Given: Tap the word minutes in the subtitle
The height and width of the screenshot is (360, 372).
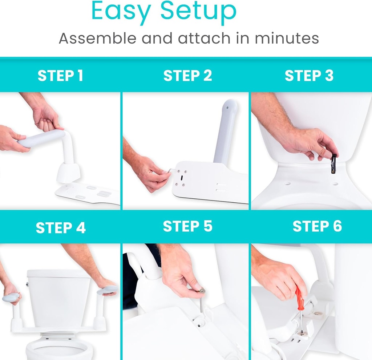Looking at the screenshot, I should pyautogui.click(x=287, y=38).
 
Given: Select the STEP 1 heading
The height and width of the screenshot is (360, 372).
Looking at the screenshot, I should pyautogui.click(x=60, y=76).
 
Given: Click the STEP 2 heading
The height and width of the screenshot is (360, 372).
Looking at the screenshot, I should pyautogui.click(x=187, y=76).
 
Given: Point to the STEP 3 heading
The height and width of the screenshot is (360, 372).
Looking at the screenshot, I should pyautogui.click(x=309, y=76).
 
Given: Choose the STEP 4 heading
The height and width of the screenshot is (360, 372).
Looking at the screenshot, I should pyautogui.click(x=60, y=228).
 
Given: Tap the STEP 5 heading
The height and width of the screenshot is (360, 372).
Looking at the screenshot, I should pyautogui.click(x=187, y=226).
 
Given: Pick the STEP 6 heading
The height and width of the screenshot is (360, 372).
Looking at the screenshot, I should pyautogui.click(x=317, y=226).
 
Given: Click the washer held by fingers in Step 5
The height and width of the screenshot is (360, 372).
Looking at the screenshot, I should pyautogui.click(x=201, y=290).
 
